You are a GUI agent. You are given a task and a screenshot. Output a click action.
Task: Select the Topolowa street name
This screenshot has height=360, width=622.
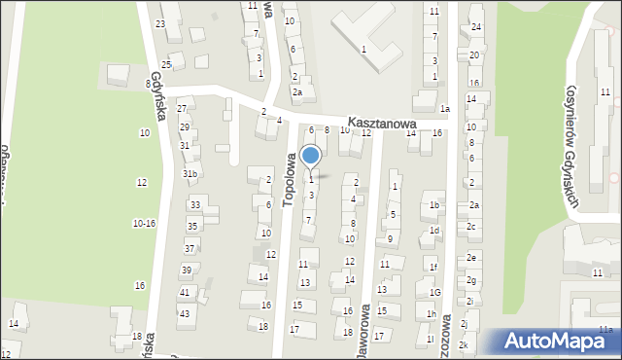point(289,179)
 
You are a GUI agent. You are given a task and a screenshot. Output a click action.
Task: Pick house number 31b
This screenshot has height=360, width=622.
point(190,174)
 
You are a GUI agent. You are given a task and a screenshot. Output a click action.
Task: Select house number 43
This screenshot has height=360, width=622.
point(184,312)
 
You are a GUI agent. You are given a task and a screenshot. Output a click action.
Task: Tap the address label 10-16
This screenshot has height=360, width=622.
point(144,224)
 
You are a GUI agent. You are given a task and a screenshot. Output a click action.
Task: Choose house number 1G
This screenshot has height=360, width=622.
point(435,292)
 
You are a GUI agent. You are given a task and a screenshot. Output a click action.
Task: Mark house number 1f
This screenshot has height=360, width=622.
point(434,267)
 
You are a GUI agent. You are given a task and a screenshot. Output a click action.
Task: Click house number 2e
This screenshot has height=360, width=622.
point(471,258)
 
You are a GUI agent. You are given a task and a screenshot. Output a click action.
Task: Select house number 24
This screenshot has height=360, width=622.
point(476,26)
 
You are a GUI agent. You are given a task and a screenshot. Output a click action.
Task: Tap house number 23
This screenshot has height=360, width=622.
point(159,23)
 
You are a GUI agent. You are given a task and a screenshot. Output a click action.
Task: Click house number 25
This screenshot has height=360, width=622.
point(166,64)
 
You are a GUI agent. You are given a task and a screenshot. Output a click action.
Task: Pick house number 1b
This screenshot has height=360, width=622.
point(434,205)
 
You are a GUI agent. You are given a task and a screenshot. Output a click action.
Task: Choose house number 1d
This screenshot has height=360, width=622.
point(434,231)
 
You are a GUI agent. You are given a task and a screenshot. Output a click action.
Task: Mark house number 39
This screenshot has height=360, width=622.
point(186,270)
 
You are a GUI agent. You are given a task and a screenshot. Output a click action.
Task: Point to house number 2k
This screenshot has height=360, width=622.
point(464,345)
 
